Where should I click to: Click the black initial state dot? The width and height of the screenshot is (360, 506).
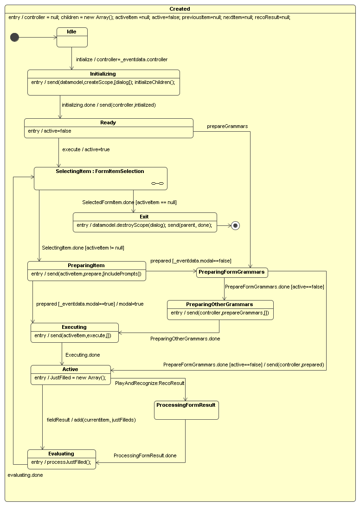(x=15, y=38)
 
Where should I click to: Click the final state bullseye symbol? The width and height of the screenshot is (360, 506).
(x=235, y=226)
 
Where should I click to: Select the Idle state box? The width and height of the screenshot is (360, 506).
(x=72, y=37)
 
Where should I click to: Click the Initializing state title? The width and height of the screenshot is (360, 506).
(x=103, y=74)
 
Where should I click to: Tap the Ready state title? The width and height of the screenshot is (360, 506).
(x=108, y=123)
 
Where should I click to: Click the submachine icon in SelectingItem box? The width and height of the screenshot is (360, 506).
(x=158, y=184)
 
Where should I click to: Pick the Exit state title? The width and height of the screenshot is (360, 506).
(x=144, y=217)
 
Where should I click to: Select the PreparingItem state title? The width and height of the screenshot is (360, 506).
(x=86, y=265)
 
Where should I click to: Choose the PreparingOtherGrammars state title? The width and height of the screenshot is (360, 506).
(x=220, y=304)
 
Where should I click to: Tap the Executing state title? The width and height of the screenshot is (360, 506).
(x=74, y=327)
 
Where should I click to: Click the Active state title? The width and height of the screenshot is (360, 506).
(x=71, y=369)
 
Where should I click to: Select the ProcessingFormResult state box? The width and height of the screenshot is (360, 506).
(x=186, y=410)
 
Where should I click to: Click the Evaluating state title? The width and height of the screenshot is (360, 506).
(x=61, y=454)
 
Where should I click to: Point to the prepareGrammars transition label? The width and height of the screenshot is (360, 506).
(x=227, y=126)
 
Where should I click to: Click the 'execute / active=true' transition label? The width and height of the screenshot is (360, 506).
(x=86, y=150)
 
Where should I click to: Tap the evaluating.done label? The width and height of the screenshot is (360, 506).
(x=25, y=475)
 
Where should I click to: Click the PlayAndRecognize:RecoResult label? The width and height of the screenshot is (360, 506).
(x=150, y=383)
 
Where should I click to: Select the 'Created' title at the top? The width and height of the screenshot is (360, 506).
(x=180, y=9)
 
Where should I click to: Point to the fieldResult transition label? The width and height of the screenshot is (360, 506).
(x=91, y=419)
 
